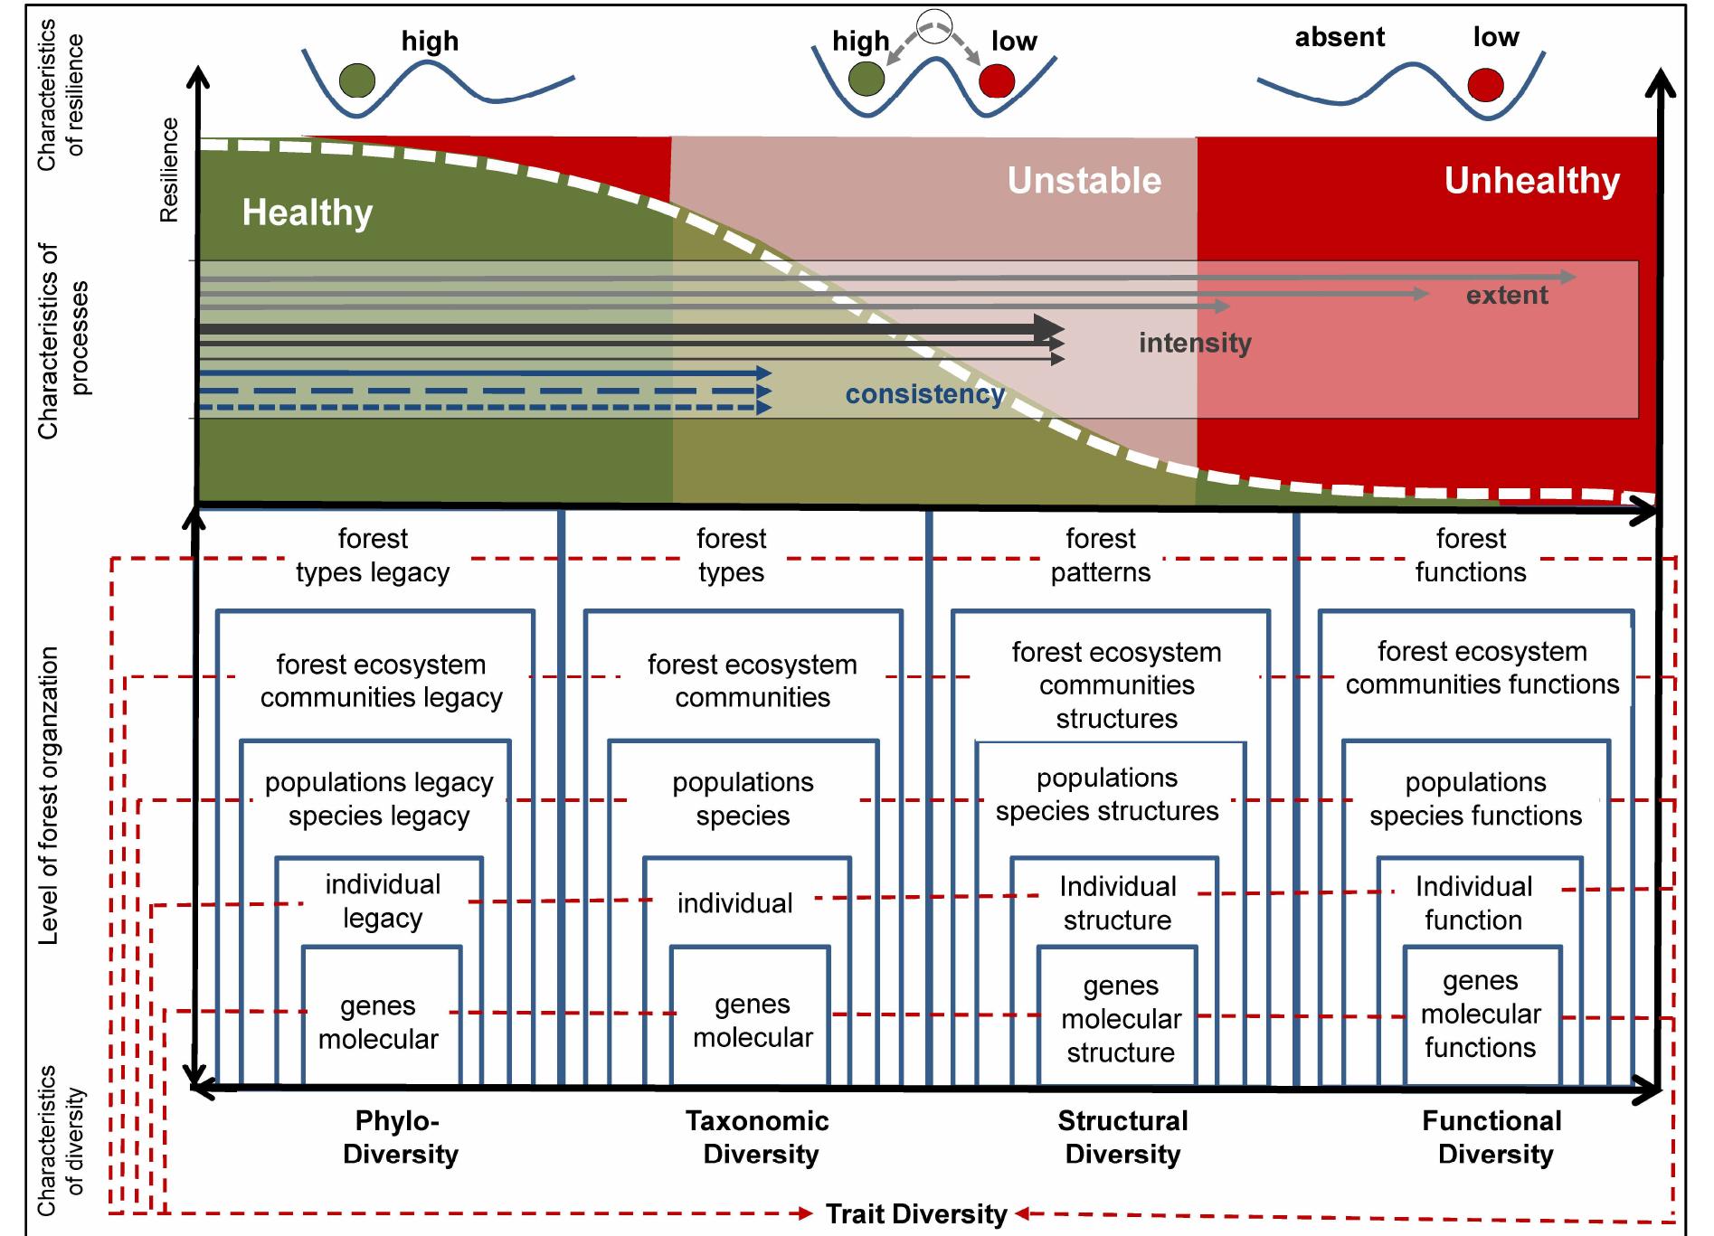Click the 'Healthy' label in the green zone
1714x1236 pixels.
[307, 213]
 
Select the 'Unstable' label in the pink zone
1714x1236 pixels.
[1084, 181]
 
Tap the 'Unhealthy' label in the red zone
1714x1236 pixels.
[1531, 181]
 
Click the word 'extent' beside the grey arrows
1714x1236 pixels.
[1507, 296]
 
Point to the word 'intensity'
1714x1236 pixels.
[1195, 344]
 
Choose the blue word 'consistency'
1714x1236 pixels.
[924, 394]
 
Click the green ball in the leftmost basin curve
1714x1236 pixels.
[357, 81]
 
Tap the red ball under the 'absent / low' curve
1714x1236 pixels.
[1485, 85]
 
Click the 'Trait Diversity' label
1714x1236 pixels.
[915, 1213]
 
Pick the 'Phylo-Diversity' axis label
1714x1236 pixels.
[401, 1137]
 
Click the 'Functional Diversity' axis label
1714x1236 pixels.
[1492, 1137]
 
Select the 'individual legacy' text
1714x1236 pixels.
[383, 901]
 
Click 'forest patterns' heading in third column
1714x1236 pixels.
[1100, 555]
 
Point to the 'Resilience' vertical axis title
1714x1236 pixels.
[169, 169]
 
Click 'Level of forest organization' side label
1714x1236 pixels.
[48, 796]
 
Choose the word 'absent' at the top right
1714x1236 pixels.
[1340, 37]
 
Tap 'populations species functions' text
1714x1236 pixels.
[1475, 798]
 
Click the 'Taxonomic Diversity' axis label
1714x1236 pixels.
[758, 1137]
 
